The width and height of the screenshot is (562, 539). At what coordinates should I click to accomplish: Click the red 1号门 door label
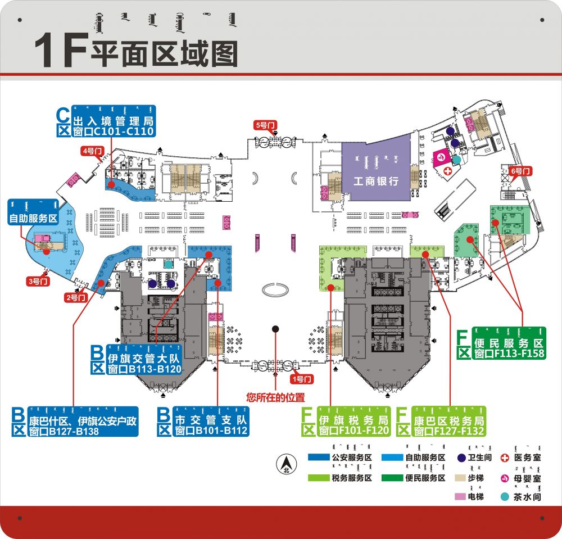pyautogui.click(x=304, y=379)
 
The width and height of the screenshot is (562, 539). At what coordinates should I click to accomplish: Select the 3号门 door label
pyautogui.click(x=38, y=280)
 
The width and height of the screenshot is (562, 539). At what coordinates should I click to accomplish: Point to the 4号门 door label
pyautogui.click(x=92, y=150)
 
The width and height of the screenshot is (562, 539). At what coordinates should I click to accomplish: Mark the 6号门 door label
pyautogui.click(x=520, y=170)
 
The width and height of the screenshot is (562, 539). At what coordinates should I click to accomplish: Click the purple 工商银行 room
pyautogui.click(x=375, y=170)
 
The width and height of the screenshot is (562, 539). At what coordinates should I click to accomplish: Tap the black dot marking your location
pyautogui.click(x=275, y=328)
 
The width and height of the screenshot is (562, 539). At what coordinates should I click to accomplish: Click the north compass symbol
pyautogui.click(x=286, y=464)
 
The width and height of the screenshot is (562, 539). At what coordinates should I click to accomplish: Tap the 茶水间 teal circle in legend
pyautogui.click(x=505, y=497)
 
